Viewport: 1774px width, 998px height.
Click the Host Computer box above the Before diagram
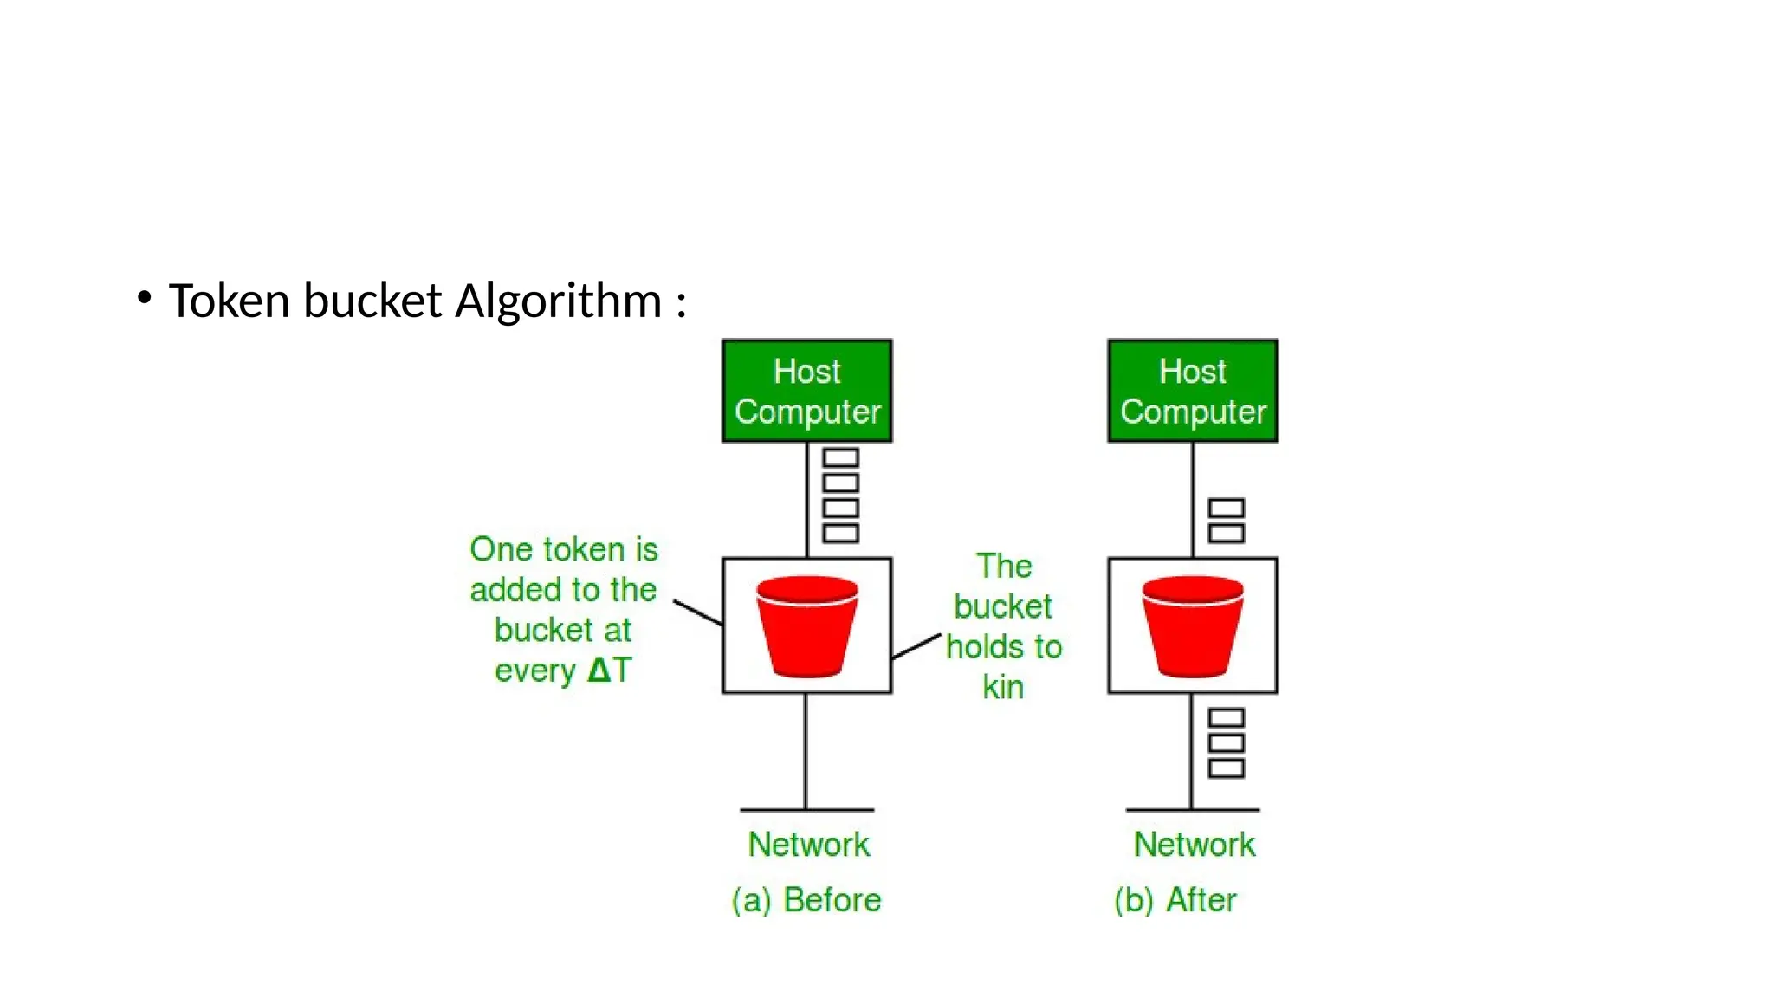[806, 391]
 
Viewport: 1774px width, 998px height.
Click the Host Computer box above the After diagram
[1192, 391]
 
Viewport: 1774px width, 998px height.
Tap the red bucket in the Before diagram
[806, 625]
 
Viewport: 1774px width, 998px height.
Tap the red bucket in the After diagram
[1192, 625]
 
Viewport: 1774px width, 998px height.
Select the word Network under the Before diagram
[808, 844]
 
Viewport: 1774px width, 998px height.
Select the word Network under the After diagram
[1194, 844]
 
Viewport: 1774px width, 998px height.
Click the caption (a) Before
[806, 900]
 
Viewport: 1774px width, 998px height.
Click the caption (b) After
[1175, 900]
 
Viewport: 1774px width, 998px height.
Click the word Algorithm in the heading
[558, 301]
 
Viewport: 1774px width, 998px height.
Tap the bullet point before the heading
[145, 299]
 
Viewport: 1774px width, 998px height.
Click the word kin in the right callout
[1003, 687]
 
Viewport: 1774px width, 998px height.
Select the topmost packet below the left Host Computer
[840, 457]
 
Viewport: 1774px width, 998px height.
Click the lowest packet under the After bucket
[1226, 768]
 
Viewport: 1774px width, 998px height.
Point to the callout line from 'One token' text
[697, 612]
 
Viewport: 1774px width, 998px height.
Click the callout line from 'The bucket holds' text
[916, 646]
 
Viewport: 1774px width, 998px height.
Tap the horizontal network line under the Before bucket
[806, 810]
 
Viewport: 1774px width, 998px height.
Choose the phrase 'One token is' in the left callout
[563, 549]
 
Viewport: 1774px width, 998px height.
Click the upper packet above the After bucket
[1226, 508]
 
